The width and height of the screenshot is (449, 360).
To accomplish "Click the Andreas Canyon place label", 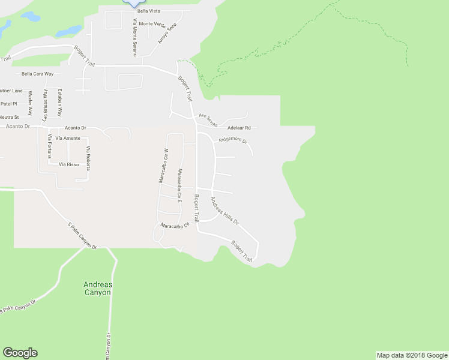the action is pos(97,288).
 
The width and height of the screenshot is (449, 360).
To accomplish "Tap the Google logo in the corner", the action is pos(20,353).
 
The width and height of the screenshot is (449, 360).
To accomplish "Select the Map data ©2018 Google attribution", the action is pos(412,355).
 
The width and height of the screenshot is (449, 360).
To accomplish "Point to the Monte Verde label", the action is pos(152,24).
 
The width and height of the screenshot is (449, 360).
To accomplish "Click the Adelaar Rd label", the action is pos(239,127).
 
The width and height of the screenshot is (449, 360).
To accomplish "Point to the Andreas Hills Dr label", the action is pos(224,211).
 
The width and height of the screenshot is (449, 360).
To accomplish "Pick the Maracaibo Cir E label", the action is pos(179,185).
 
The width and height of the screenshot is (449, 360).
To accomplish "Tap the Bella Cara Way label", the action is pos(37,74).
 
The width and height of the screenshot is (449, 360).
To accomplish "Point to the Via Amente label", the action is pos(67,138).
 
